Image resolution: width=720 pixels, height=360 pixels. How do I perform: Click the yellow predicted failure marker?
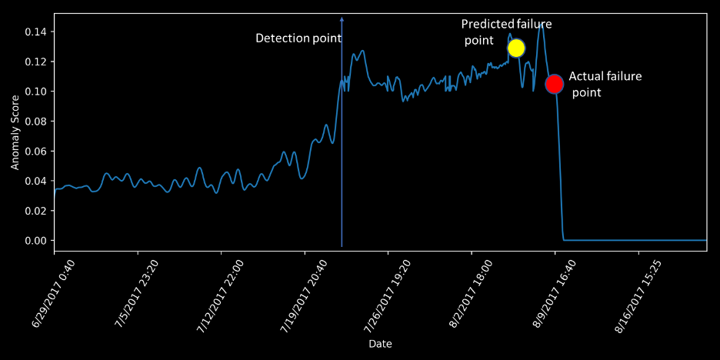pos(516,48)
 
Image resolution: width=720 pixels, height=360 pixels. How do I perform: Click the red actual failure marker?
pos(555,84)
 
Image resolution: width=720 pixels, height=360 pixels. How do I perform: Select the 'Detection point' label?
pos(294,38)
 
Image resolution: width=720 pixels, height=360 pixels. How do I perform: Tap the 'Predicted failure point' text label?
pos(505,32)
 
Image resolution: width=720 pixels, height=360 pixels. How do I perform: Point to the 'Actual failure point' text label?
pos(605,84)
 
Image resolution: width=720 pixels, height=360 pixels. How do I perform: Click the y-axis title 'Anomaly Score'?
pos(15,132)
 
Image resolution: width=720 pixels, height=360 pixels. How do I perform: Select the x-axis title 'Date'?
pos(380,342)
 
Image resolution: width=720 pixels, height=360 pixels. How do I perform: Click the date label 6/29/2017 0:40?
pos(45,296)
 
